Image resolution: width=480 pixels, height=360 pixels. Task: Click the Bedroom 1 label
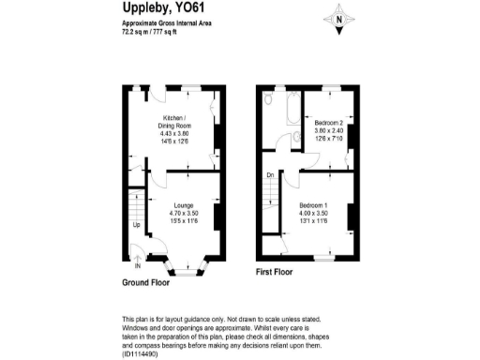314,203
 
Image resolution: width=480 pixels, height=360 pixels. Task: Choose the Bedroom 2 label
328,124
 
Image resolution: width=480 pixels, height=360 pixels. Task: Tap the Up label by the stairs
136,226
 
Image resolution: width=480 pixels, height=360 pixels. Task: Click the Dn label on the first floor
270,175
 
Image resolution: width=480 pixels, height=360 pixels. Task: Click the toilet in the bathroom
269,97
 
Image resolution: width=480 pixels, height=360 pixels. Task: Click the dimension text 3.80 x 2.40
328,132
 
